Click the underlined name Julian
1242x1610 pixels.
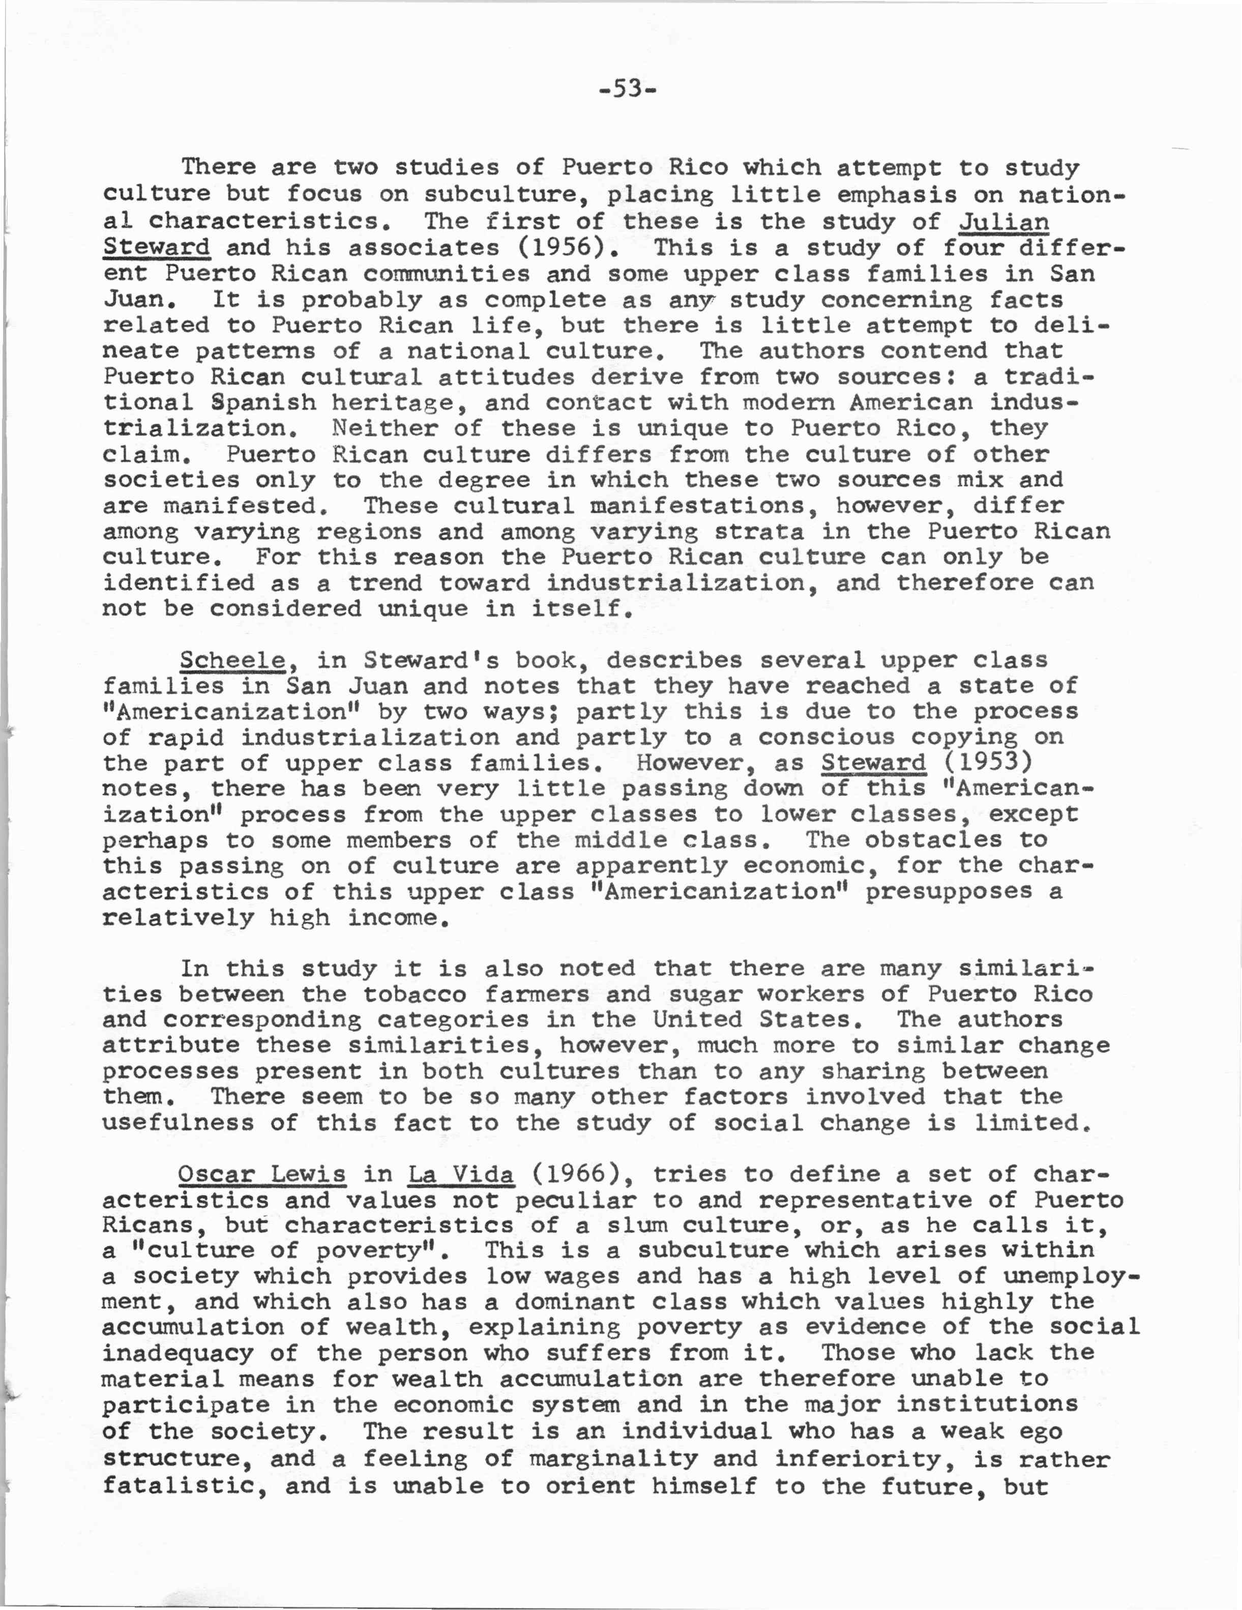[x=1004, y=221]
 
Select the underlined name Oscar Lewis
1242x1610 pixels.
[x=261, y=1174]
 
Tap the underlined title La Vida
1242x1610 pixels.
[x=461, y=1174]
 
